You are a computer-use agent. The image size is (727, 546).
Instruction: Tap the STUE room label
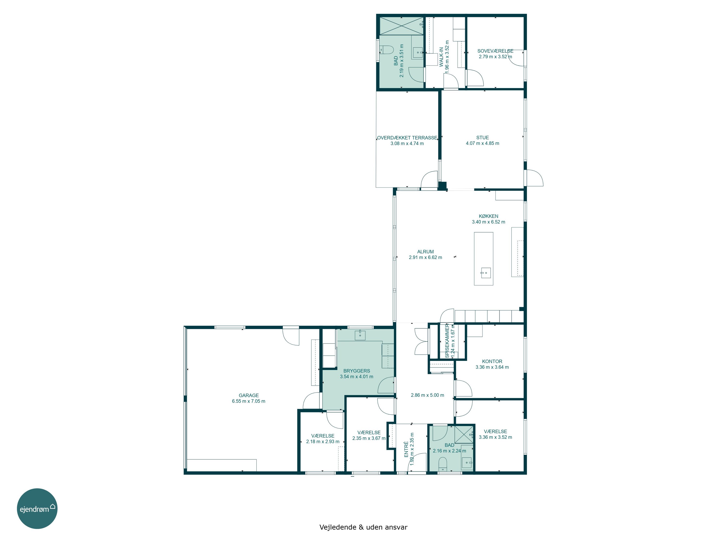[x=482, y=138]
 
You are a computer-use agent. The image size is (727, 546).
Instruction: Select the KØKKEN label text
[x=488, y=216]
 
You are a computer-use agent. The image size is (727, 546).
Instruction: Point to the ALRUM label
[x=425, y=251]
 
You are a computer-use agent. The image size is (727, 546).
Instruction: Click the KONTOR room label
[x=492, y=361]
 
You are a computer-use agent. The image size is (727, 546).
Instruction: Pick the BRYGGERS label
[x=357, y=371]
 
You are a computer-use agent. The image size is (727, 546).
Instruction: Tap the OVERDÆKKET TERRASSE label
[x=407, y=138]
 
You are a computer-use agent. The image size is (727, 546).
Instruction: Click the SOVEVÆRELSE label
[x=495, y=51]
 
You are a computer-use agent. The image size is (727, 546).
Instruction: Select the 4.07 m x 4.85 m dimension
[x=482, y=143]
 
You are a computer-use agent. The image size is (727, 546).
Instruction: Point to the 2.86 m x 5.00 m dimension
[x=427, y=395]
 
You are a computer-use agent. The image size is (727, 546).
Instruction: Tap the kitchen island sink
[x=486, y=273]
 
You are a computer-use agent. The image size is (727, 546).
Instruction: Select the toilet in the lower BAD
[x=443, y=464]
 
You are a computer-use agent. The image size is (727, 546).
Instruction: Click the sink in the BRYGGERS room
[x=360, y=335]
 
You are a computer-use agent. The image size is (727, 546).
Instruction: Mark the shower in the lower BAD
[x=464, y=434]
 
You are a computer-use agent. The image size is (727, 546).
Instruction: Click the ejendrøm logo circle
[x=37, y=508]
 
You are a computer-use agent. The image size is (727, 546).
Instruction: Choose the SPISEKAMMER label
[x=447, y=341]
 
